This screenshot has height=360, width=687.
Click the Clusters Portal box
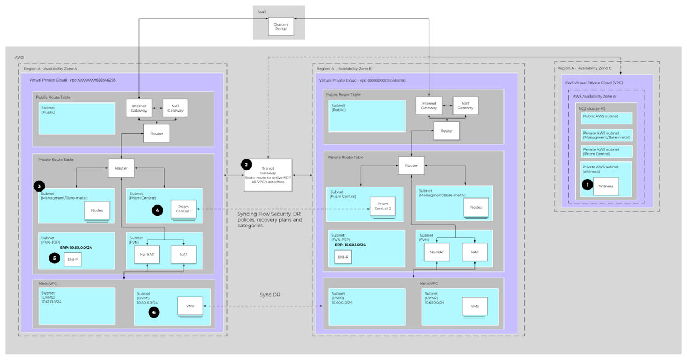click(x=281, y=27)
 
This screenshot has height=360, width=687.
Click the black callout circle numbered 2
click(x=246, y=164)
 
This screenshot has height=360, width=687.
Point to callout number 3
click(x=39, y=186)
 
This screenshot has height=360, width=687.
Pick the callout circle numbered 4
click(x=157, y=211)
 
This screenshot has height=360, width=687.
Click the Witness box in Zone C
click(x=606, y=186)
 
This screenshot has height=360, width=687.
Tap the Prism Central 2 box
click(x=383, y=207)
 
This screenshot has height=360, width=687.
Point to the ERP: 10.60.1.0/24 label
click(x=350, y=245)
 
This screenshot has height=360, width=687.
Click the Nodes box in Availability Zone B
click(x=476, y=207)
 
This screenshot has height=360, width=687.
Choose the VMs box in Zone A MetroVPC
click(x=191, y=306)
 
